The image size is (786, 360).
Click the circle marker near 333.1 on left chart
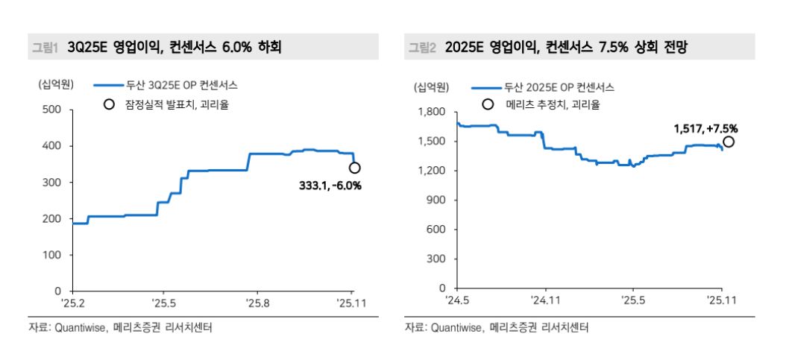(x=355, y=168)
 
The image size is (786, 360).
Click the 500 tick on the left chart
(x=51, y=110)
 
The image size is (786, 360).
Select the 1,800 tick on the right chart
(x=433, y=113)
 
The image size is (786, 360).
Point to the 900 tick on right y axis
(x=436, y=200)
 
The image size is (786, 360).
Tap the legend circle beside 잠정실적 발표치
(x=109, y=104)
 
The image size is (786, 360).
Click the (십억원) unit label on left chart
(x=56, y=85)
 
